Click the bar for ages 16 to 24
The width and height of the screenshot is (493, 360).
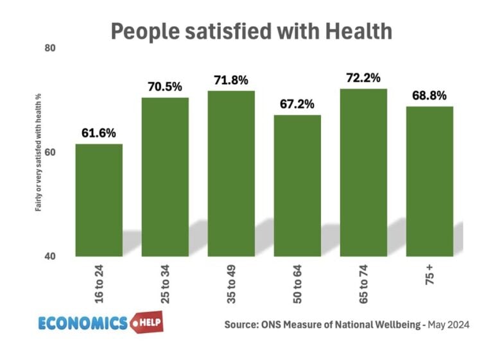[99, 200]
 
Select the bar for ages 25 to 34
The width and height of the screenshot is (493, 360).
[165, 177]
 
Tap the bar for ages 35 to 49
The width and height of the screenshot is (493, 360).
[231, 173]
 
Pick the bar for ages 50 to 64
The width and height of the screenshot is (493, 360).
[297, 185]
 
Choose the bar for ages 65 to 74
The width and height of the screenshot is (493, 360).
[363, 173]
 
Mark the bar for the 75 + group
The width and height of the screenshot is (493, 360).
[429, 182]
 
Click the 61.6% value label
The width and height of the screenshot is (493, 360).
[99, 133]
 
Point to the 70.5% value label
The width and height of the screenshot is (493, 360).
[165, 87]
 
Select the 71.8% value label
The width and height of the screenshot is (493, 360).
[231, 80]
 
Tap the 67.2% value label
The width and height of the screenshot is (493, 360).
[297, 104]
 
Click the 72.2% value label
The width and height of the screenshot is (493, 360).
[363, 78]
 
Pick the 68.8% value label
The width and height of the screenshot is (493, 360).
[429, 96]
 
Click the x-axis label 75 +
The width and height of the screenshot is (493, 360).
[429, 273]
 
